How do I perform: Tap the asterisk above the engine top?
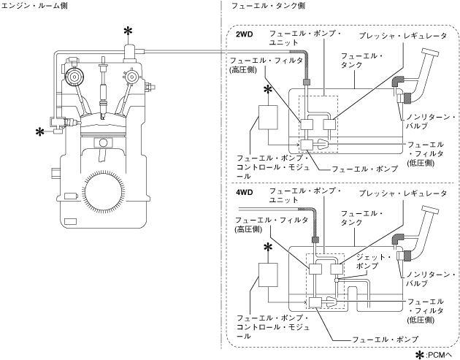point(129,30)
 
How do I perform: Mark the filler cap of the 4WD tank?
point(431,213)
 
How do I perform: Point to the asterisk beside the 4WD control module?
point(269,248)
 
